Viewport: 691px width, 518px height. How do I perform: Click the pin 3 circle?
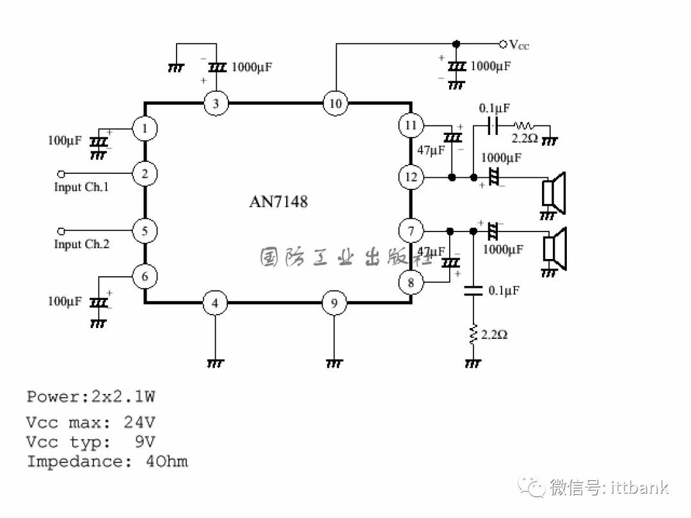pyautogui.click(x=216, y=104)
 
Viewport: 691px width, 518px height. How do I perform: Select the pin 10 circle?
pyautogui.click(x=334, y=104)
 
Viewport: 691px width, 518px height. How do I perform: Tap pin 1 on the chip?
pyautogui.click(x=145, y=129)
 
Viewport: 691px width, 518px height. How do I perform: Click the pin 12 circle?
pyautogui.click(x=411, y=177)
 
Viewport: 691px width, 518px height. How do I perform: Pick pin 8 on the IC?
pyautogui.click(x=411, y=282)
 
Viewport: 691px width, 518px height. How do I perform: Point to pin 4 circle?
pyautogui.click(x=215, y=303)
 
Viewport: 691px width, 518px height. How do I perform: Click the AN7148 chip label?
pyautogui.click(x=278, y=202)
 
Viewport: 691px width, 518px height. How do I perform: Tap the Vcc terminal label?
pyautogui.click(x=519, y=45)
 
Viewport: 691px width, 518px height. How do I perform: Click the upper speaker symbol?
pyautogui.click(x=553, y=194)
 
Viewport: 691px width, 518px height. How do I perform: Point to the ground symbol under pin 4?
pyautogui.click(x=215, y=363)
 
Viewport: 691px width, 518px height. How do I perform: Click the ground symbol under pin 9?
pyautogui.click(x=333, y=363)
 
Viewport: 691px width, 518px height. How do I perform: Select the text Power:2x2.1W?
pyautogui.click(x=91, y=396)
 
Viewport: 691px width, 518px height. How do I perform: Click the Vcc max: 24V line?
pyautogui.click(x=91, y=423)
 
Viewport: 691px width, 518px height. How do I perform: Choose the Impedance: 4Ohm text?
pyautogui.click(x=107, y=462)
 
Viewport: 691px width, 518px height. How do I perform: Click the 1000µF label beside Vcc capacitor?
pyautogui.click(x=491, y=66)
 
